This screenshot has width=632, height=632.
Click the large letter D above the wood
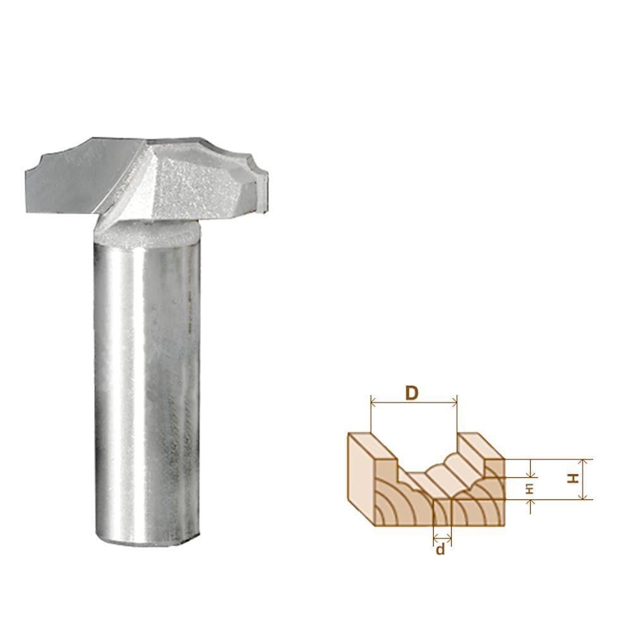click(x=411, y=393)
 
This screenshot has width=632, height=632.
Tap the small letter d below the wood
click(x=441, y=549)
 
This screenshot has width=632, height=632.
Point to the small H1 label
click(x=530, y=487)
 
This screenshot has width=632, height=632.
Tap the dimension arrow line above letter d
click(x=442, y=538)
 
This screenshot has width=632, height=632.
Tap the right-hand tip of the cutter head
click(x=265, y=183)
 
